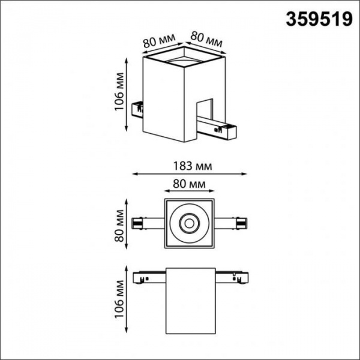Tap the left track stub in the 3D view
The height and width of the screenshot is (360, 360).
point(139,108)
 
